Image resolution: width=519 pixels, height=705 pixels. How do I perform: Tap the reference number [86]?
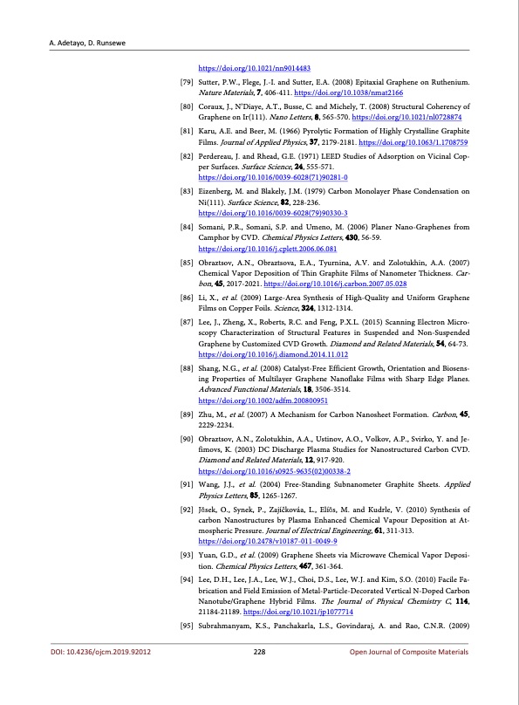pyautogui.click(x=186, y=273)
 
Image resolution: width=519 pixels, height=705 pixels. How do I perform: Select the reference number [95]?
pyautogui.click(x=186, y=648)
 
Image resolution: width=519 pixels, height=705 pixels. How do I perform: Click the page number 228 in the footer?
pyautogui.click(x=259, y=676)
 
